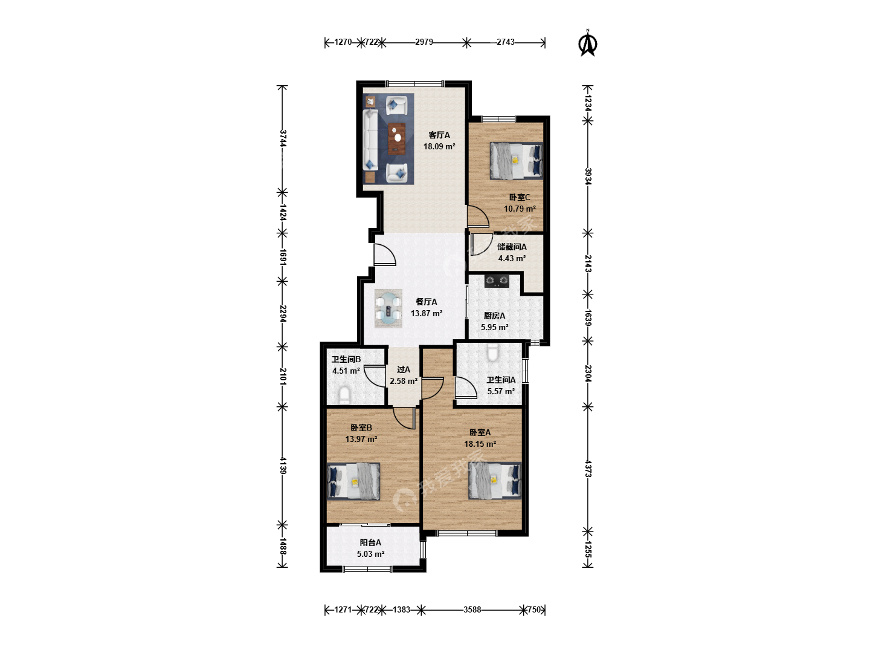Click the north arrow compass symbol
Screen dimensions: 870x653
tap(588, 43)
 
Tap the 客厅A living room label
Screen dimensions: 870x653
tap(439, 135)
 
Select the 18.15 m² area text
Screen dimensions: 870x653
tap(480, 444)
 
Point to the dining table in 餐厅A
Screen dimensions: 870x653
tap(388, 308)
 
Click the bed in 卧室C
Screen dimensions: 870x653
tap(517, 161)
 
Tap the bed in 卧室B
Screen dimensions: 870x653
tap(353, 481)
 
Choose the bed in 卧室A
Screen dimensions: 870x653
tap(495, 481)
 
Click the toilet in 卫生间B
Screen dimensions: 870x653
tap(344, 395)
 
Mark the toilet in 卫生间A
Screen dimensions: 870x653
tap(492, 352)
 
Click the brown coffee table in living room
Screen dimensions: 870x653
tap(397, 139)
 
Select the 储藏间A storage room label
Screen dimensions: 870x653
tap(512, 247)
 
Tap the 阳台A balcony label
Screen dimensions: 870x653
tap(370, 542)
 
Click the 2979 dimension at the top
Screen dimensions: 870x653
tap(424, 42)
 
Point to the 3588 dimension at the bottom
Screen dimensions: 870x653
tap(472, 609)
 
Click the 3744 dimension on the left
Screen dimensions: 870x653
tap(283, 138)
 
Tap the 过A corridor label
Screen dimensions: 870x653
tap(404, 369)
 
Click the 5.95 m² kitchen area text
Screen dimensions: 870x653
tap(495, 327)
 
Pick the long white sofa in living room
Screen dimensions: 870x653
tap(370, 140)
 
